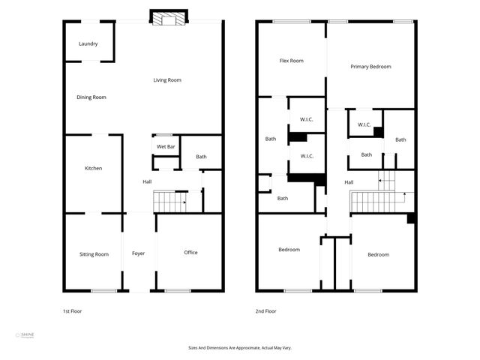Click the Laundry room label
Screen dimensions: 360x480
click(88, 43)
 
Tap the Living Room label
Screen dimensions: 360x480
click(167, 80)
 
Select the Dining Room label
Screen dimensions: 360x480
click(91, 97)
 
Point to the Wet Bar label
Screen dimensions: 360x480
click(166, 146)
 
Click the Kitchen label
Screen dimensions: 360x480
click(93, 168)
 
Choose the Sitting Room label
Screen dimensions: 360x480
click(94, 254)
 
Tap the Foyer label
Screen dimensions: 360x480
click(139, 253)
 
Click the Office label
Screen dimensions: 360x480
click(191, 252)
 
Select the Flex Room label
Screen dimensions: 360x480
click(291, 60)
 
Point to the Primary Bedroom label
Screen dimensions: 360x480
click(370, 67)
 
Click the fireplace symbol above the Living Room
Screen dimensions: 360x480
click(166, 18)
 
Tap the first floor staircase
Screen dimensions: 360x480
click(169, 201)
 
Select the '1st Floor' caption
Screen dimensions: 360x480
click(72, 310)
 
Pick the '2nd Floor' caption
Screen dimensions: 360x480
click(265, 310)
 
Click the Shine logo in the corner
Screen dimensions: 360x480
click(25, 336)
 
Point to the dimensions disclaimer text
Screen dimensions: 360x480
click(240, 347)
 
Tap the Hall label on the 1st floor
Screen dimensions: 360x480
click(148, 181)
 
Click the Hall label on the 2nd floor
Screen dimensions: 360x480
click(349, 182)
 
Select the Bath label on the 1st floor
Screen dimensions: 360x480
click(201, 157)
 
